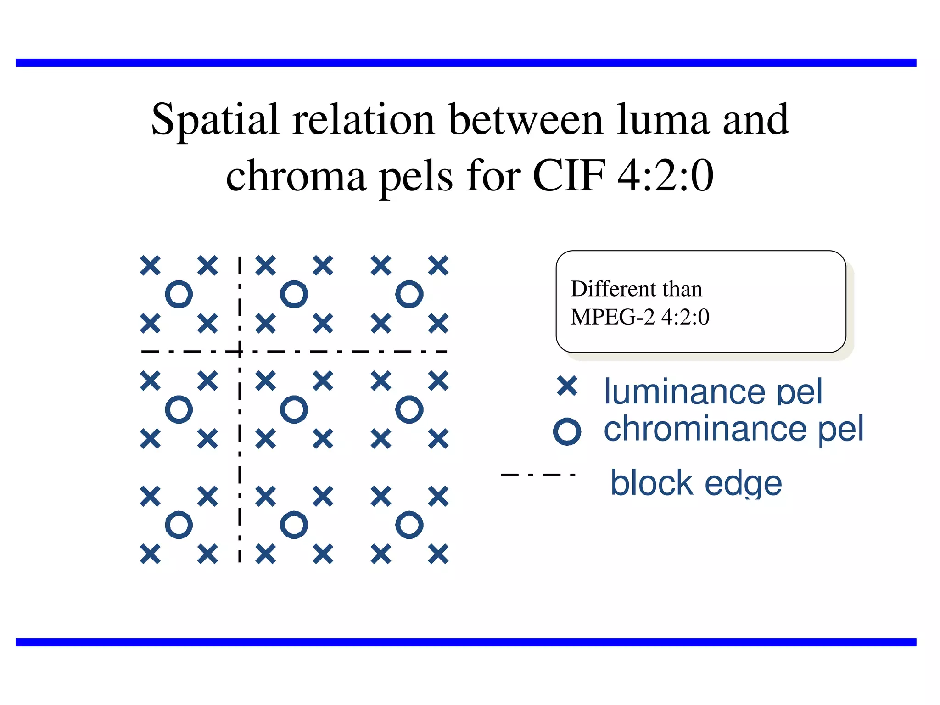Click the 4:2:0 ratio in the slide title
click(x=666, y=175)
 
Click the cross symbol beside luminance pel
click(x=567, y=386)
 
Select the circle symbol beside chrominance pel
click(x=567, y=431)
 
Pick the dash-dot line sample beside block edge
click(x=538, y=475)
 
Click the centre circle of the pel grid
click(x=294, y=409)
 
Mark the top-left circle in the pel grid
click(x=179, y=294)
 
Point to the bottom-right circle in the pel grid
click(x=409, y=525)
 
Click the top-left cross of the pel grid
click(x=150, y=265)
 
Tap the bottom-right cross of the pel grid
click(x=438, y=554)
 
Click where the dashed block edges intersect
click(x=240, y=352)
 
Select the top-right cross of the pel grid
click(x=438, y=265)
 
